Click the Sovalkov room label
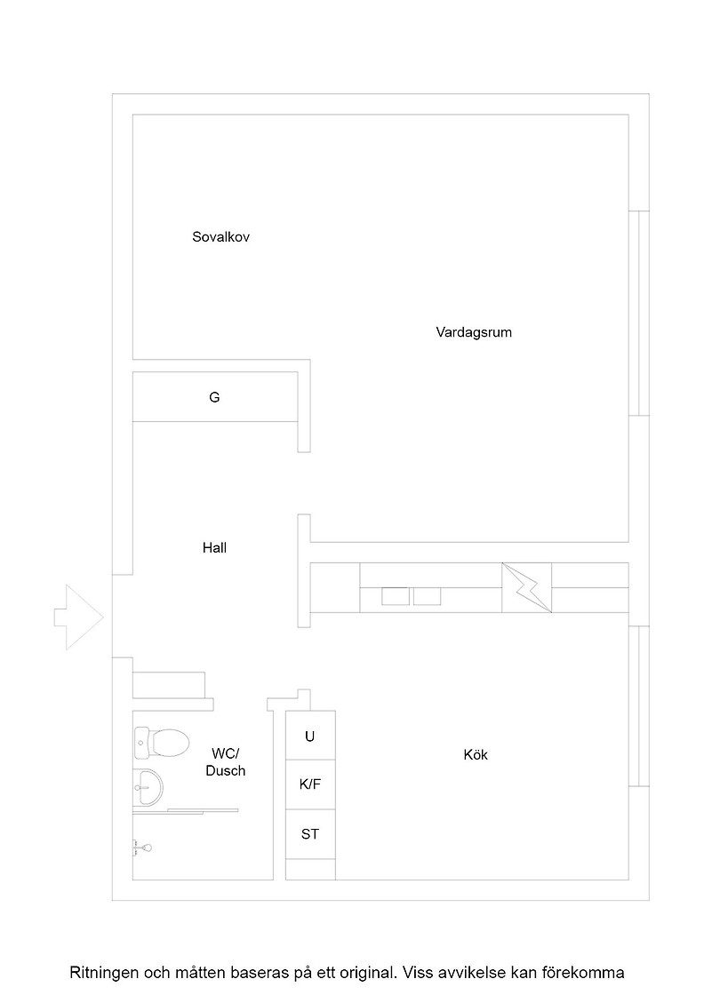point(221,236)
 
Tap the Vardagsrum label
point(474,332)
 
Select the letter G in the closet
point(214,397)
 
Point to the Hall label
point(214,547)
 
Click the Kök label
point(476,754)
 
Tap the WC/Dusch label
point(226,762)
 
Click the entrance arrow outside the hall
point(79,617)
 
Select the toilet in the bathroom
point(162,742)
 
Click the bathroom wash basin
point(148,787)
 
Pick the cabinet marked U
point(310,736)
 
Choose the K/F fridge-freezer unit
point(310,784)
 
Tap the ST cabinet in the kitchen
point(310,834)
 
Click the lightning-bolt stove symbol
point(526,587)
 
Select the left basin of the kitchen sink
point(396,596)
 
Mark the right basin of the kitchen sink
point(428,596)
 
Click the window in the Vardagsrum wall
point(638,314)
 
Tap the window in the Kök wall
point(638,706)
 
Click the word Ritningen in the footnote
point(103,973)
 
